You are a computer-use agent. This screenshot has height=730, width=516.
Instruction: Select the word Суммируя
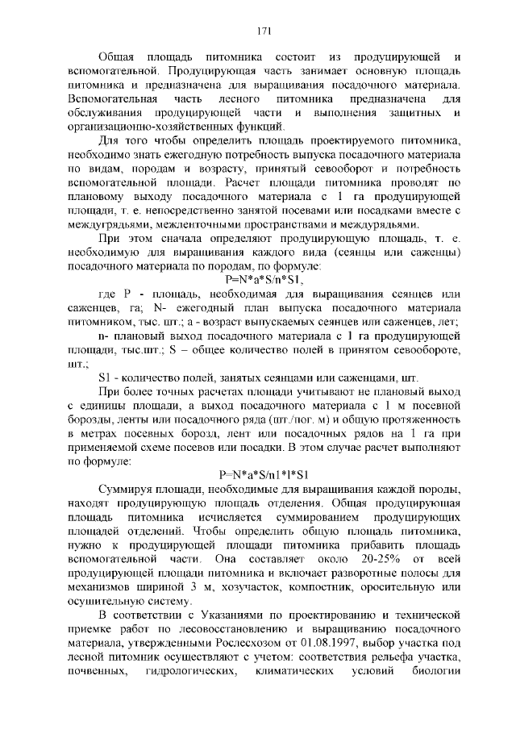pos(126,489)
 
